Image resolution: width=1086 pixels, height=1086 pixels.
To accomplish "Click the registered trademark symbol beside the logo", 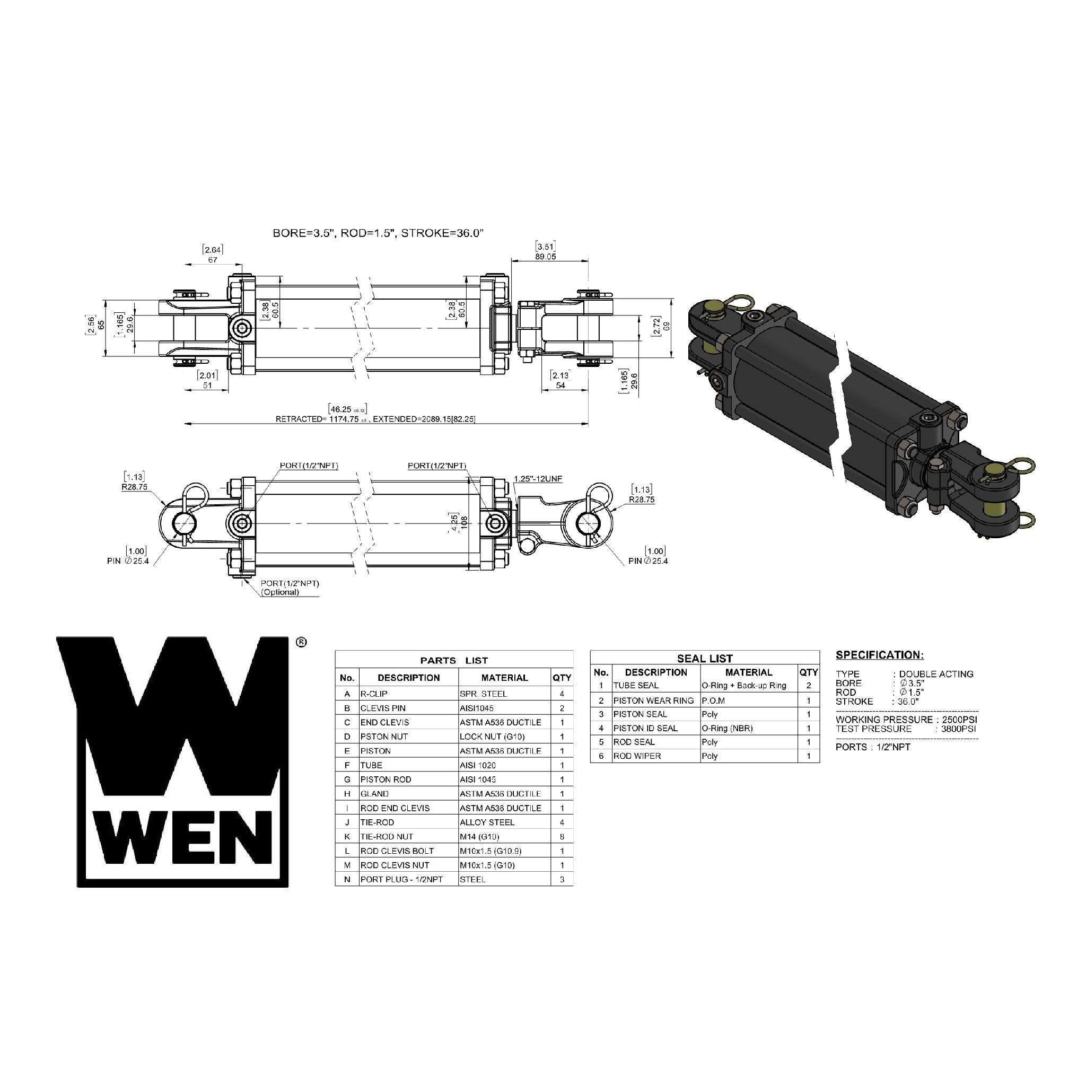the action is [301, 642].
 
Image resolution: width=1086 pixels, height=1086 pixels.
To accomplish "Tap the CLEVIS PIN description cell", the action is [383, 708].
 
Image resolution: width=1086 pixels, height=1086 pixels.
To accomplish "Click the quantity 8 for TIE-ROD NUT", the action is [562, 836].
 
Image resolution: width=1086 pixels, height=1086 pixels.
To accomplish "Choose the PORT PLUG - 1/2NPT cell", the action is [401, 879].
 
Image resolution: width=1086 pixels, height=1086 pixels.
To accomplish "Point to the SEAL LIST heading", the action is [705, 658].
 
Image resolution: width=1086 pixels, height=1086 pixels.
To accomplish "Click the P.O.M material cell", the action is [713, 700].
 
